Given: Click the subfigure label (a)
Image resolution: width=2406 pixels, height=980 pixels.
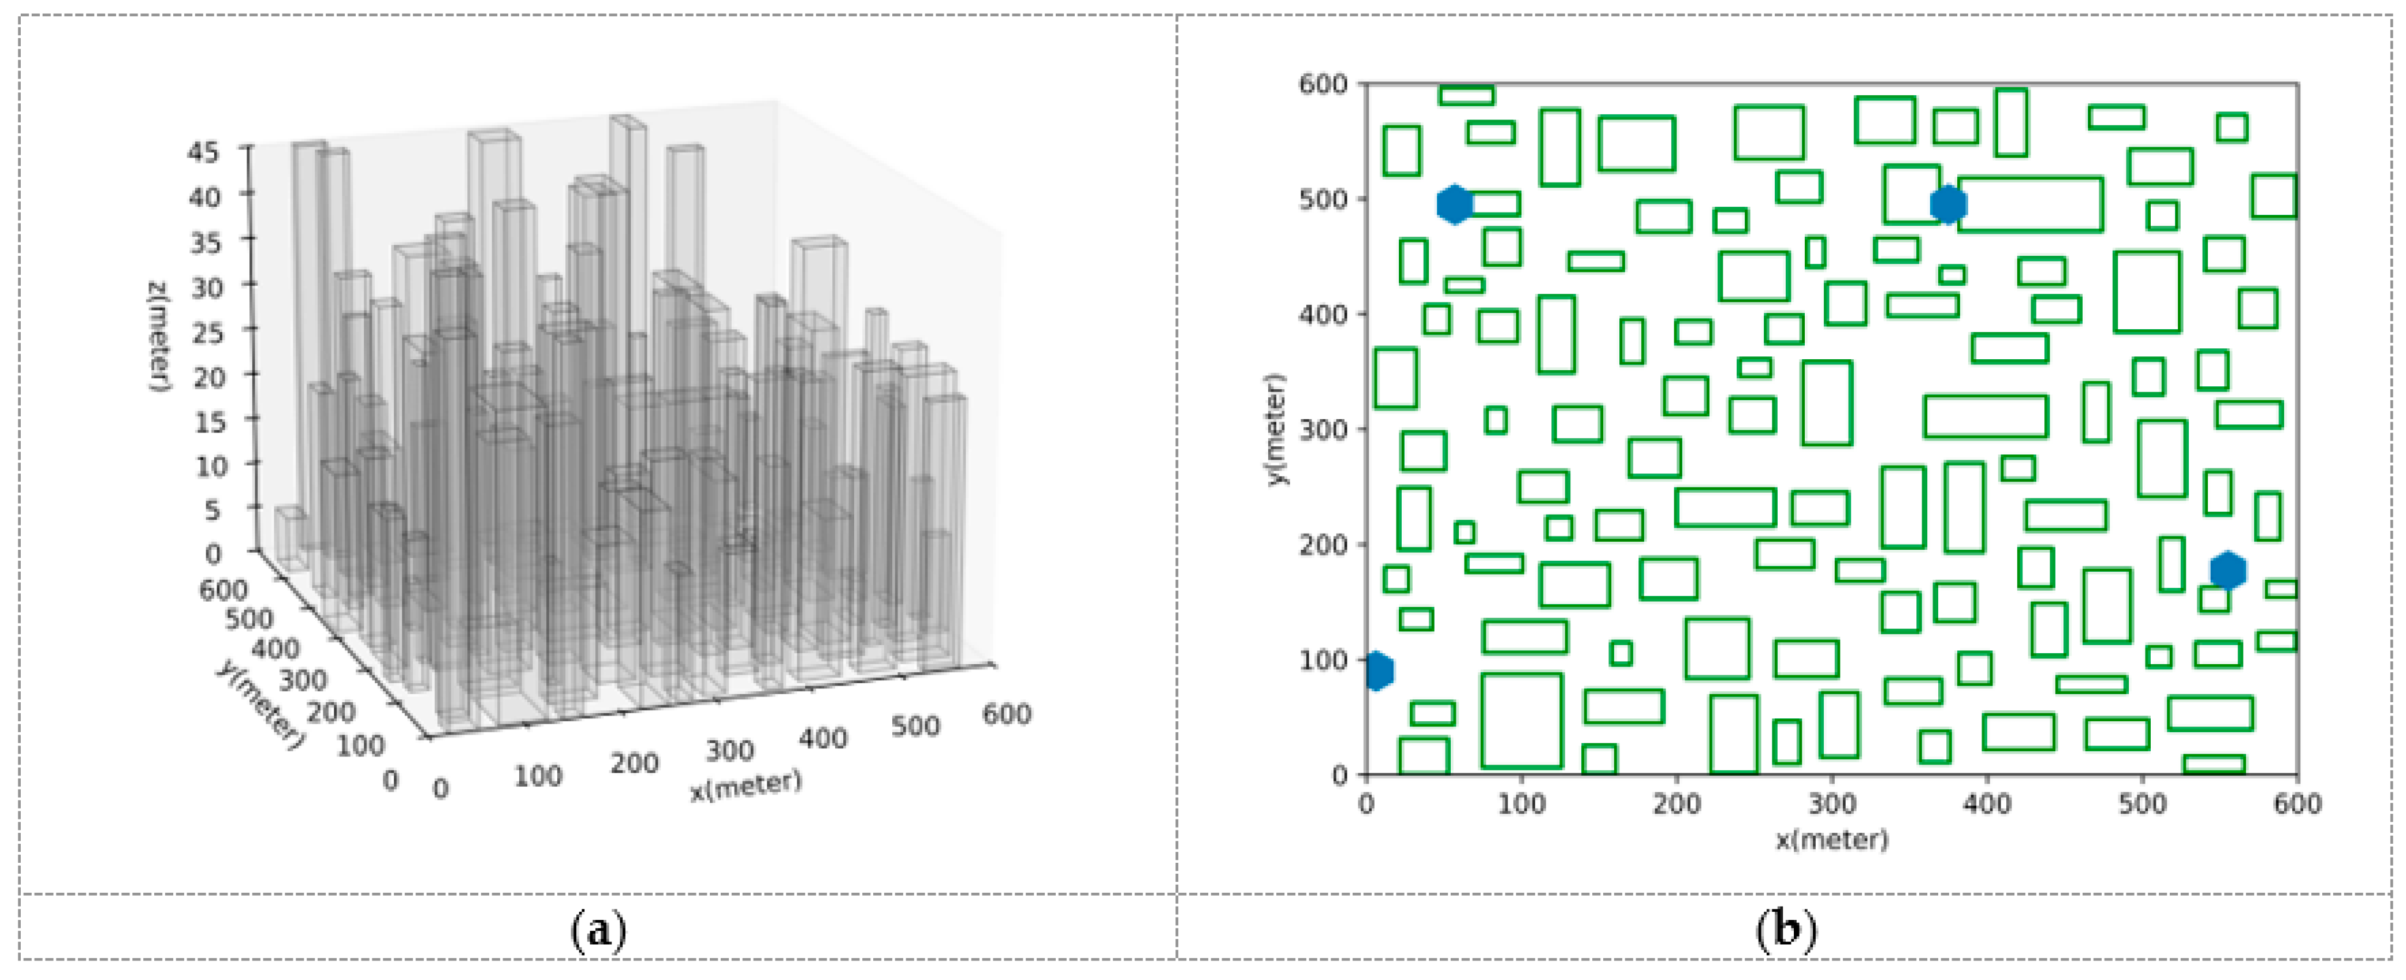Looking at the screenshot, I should click(598, 930).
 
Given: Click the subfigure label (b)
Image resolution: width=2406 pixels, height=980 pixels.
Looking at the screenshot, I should click(1786, 930).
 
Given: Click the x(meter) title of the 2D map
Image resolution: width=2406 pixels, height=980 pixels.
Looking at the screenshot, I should click(1831, 839).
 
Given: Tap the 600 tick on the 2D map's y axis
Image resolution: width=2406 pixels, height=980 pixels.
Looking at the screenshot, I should click(1324, 85).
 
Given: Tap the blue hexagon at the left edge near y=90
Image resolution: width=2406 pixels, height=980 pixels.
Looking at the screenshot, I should click(1377, 671).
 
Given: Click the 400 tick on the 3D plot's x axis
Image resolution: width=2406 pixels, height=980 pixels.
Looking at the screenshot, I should click(823, 739).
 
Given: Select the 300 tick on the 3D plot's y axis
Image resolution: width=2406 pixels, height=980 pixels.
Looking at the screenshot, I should click(304, 680).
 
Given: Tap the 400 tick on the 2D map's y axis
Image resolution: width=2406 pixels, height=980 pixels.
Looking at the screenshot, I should click(1324, 315).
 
